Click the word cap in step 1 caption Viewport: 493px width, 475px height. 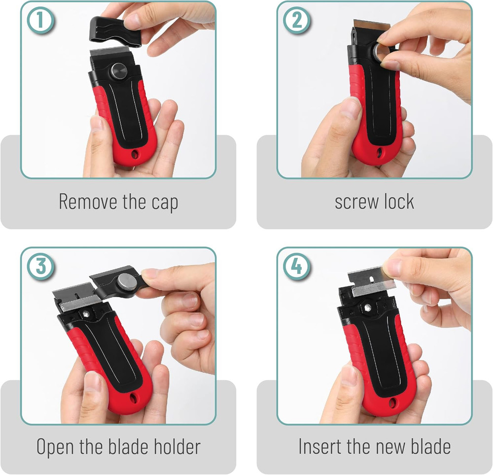[x=163, y=203]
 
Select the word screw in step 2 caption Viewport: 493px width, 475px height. [x=355, y=203]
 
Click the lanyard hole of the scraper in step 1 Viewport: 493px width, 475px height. [x=135, y=155]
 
